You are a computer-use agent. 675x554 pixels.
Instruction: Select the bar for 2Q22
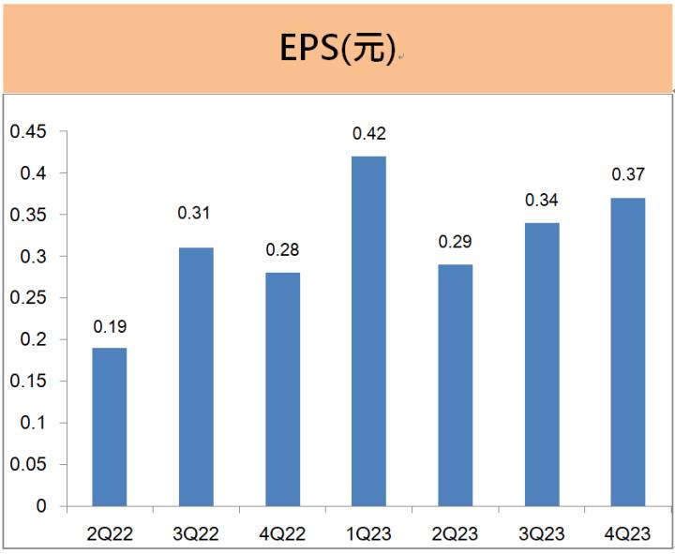[x=109, y=427]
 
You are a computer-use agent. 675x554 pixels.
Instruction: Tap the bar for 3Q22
[x=196, y=377]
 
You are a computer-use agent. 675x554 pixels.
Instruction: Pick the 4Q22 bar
[x=282, y=389]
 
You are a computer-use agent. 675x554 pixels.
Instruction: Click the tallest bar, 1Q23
[x=368, y=331]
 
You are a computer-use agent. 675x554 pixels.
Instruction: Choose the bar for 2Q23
[x=455, y=385]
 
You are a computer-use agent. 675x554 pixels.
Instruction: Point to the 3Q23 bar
[x=542, y=365]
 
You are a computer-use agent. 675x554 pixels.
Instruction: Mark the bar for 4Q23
[x=628, y=352]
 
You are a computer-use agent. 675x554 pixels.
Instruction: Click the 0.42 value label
[x=368, y=134]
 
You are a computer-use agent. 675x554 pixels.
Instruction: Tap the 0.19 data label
[x=109, y=327]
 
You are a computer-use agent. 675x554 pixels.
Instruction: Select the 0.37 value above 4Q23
[x=628, y=174]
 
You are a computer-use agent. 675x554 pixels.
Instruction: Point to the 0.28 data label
[x=282, y=250]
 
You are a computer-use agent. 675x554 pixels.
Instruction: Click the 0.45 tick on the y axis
[x=27, y=131]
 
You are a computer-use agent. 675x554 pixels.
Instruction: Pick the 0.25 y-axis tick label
[x=27, y=298]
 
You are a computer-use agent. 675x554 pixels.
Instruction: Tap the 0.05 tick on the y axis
[x=27, y=464]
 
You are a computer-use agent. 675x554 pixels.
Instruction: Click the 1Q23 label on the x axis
[x=368, y=534]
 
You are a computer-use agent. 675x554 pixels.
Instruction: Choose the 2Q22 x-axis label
[x=109, y=534]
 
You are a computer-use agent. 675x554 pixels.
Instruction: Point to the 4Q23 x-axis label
[x=628, y=534]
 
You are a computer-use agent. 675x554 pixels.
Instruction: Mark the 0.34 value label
[x=542, y=200]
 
